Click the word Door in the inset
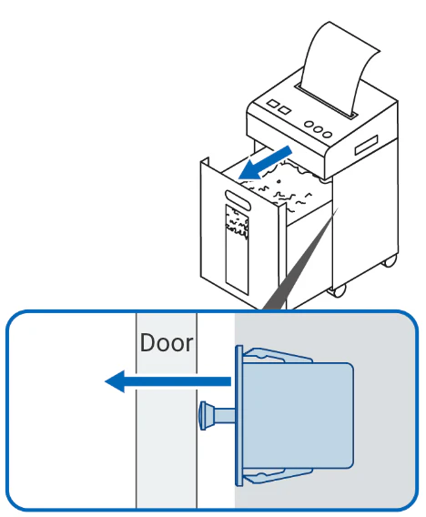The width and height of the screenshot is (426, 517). (x=167, y=343)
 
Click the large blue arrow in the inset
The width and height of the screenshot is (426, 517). (x=167, y=381)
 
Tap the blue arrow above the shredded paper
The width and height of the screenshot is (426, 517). (x=265, y=163)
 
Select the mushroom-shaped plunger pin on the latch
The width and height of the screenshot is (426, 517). (x=218, y=415)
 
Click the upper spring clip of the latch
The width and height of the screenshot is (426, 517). (x=277, y=355)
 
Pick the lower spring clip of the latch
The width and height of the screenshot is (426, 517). (x=277, y=476)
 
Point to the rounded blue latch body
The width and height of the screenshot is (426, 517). (x=299, y=415)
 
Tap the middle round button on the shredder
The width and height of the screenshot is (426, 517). (x=318, y=129)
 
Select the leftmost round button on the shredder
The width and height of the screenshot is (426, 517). (x=309, y=125)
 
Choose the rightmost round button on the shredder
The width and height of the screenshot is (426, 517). (x=327, y=134)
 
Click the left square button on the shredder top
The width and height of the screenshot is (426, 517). (x=273, y=104)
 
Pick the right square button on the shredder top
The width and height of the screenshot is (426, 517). (x=285, y=110)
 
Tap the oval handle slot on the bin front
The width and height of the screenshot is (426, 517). (x=238, y=200)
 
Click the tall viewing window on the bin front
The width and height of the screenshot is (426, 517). (x=237, y=249)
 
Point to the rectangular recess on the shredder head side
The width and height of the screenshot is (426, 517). (x=366, y=145)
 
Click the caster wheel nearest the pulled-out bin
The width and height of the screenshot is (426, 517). (x=337, y=290)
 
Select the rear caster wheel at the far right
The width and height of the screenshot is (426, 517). (x=389, y=260)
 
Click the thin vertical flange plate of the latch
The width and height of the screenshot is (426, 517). (x=239, y=415)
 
